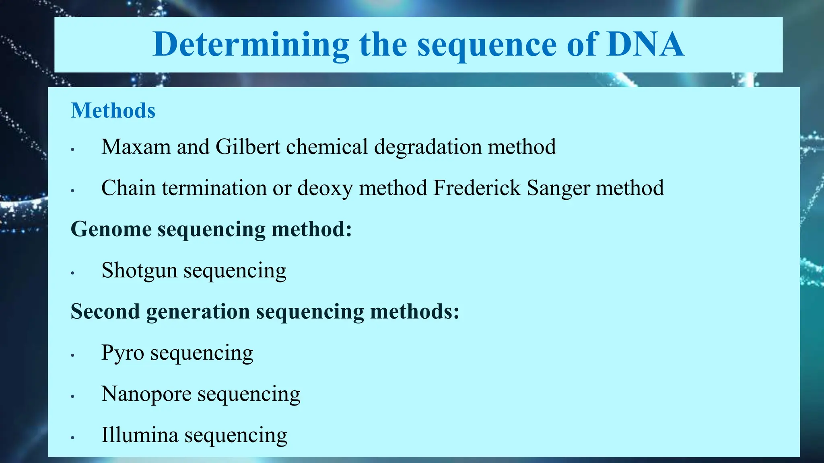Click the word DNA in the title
coord(645,44)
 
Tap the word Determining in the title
coord(251,45)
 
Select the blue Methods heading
coord(113,111)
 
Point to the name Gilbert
coord(248,147)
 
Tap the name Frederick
coord(477,188)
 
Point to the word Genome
coord(111,229)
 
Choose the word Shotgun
coord(139,271)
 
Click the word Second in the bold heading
coord(105,311)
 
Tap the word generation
coord(198,312)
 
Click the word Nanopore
coord(146,394)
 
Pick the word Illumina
coord(140,435)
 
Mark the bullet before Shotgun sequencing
coord(73,273)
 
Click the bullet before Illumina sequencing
coord(73,438)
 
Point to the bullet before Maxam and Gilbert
coord(73,150)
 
